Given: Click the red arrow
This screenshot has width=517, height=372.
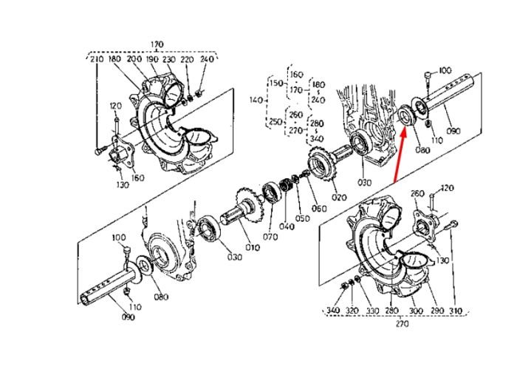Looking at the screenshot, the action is pyautogui.click(x=400, y=155).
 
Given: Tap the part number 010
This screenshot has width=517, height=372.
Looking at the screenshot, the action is pyautogui.click(x=253, y=247).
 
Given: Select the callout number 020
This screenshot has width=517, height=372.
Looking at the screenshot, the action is pyautogui.click(x=339, y=197).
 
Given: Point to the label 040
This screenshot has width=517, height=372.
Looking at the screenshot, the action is pyautogui.click(x=287, y=226).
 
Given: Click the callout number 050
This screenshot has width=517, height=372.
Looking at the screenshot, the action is pyautogui.click(x=302, y=218).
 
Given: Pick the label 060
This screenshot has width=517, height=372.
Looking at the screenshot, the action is pyautogui.click(x=319, y=209).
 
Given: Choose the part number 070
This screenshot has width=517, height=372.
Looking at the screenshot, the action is pyautogui.click(x=270, y=237).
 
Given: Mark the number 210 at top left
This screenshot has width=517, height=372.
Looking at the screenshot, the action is pyautogui.click(x=97, y=59).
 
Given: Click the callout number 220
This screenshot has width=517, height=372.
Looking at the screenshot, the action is pyautogui.click(x=187, y=59).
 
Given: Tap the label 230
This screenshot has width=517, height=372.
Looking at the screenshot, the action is pyautogui.click(x=169, y=59).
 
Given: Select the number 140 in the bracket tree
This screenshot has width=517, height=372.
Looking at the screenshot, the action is pyautogui.click(x=256, y=99).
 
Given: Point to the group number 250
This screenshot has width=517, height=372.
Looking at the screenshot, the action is pyautogui.click(x=275, y=122).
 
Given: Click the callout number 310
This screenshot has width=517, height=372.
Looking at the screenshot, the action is pyautogui.click(x=456, y=311).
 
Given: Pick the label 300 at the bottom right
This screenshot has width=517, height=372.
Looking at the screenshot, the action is pyautogui.click(x=416, y=311).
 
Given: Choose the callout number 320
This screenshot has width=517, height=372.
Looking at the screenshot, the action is pyautogui.click(x=352, y=311).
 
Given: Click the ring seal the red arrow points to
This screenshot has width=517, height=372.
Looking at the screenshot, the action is pyautogui.click(x=405, y=115).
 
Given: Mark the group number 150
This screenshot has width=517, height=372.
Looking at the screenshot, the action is pyautogui.click(x=276, y=83).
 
